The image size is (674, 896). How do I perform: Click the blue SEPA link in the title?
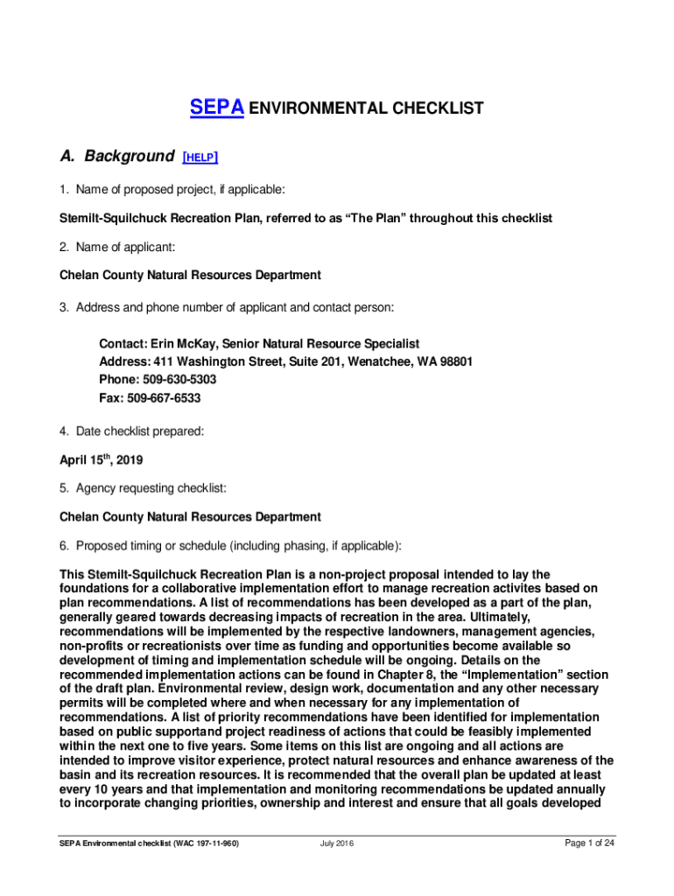point(218,108)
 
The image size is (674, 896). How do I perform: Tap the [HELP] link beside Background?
point(200,157)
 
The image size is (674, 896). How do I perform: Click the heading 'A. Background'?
point(116,157)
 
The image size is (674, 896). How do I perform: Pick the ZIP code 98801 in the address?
point(454,362)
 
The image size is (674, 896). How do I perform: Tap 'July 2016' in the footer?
point(337,844)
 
